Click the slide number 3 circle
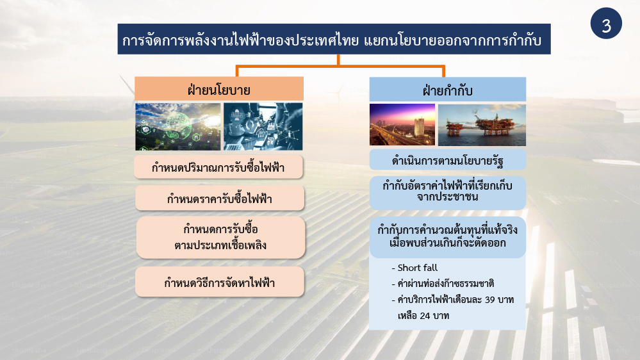pos(606,23)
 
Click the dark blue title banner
pos(334,39)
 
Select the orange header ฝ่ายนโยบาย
pos(219,88)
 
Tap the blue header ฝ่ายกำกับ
pos(447,90)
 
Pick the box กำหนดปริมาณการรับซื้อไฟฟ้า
pos(218,167)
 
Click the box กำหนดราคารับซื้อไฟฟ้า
pos(220,199)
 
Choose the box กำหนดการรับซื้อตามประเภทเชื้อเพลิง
pos(220,237)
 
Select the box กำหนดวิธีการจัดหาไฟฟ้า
pos(220,282)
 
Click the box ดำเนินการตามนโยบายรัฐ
pos(447,160)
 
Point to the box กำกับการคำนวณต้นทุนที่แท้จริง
pos(447,237)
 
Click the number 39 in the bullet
pos(490,300)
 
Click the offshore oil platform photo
pos(482,125)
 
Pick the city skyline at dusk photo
pos(402,124)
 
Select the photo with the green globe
pos(177,127)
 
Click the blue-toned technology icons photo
pos(263,127)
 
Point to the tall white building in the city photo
pos(419,127)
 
